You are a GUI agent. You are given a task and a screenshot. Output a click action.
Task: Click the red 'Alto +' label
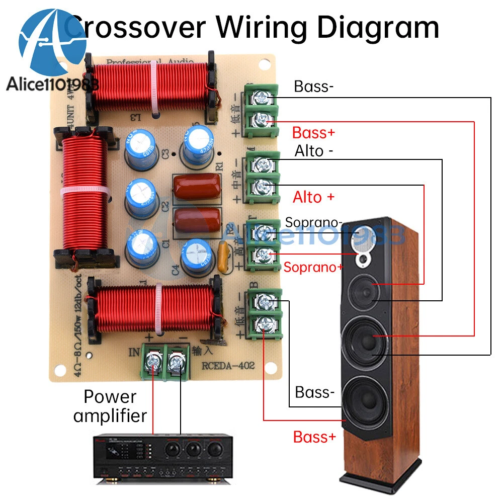pyautogui.click(x=313, y=197)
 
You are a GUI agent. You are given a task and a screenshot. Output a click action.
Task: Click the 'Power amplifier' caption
pyautogui.click(x=110, y=406)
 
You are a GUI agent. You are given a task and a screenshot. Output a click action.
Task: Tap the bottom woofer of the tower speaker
pyautogui.click(x=366, y=398)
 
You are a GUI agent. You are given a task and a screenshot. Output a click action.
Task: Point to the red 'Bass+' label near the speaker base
pyautogui.click(x=314, y=437)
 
